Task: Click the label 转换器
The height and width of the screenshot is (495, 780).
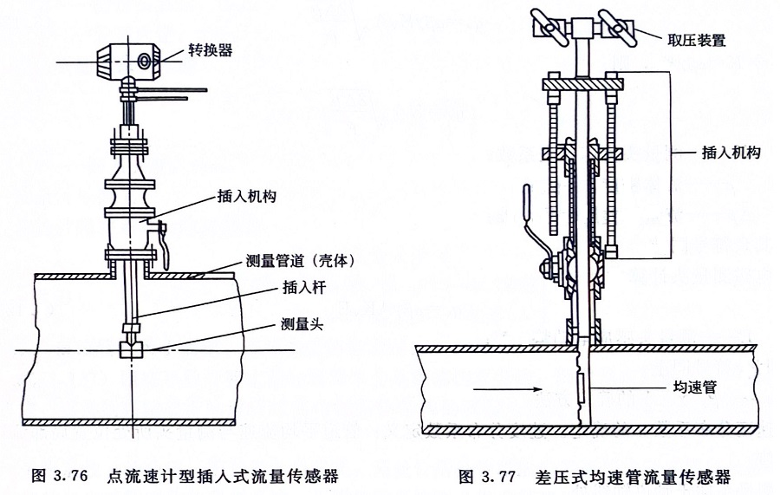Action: click(211, 50)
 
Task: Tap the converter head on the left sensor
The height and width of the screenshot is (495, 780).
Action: click(127, 60)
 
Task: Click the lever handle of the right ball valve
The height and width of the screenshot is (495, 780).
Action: click(529, 217)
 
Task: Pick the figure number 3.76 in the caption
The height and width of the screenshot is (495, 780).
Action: click(72, 476)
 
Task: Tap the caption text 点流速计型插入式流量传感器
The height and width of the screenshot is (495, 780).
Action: click(222, 476)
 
